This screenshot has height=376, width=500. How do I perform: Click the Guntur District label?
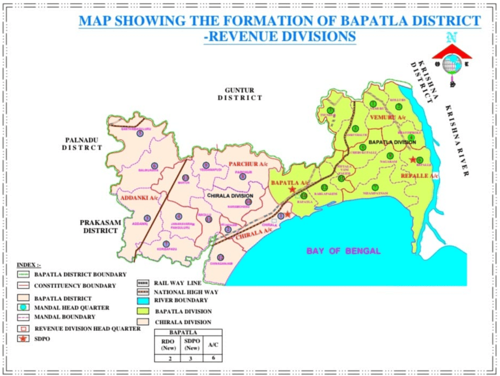tap(240, 94)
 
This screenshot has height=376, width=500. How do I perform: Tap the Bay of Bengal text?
tap(343, 251)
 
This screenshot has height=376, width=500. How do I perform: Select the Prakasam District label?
tap(100, 226)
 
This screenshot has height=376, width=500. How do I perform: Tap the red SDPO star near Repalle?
tap(413, 159)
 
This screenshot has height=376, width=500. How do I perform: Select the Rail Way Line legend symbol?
tap(144, 283)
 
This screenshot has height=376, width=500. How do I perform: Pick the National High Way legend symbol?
tap(144, 292)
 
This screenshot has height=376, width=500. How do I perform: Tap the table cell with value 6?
tap(212, 358)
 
